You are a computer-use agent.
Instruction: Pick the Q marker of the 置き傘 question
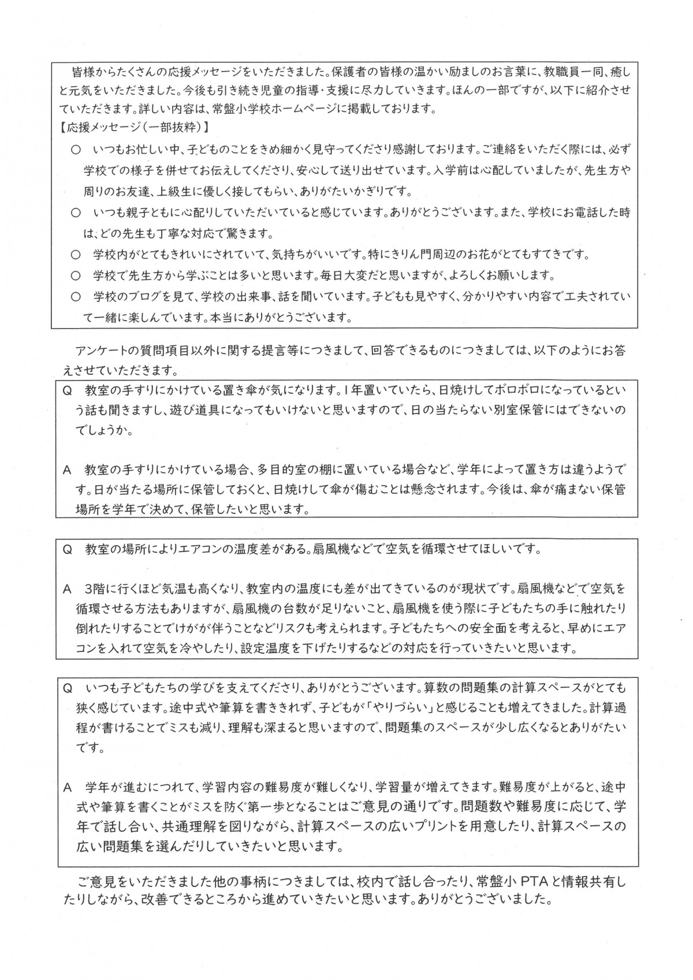67,390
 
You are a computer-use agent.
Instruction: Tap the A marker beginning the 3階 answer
67,590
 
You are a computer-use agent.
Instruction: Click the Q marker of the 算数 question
67,688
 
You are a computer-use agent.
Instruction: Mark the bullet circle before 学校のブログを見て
75,297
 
